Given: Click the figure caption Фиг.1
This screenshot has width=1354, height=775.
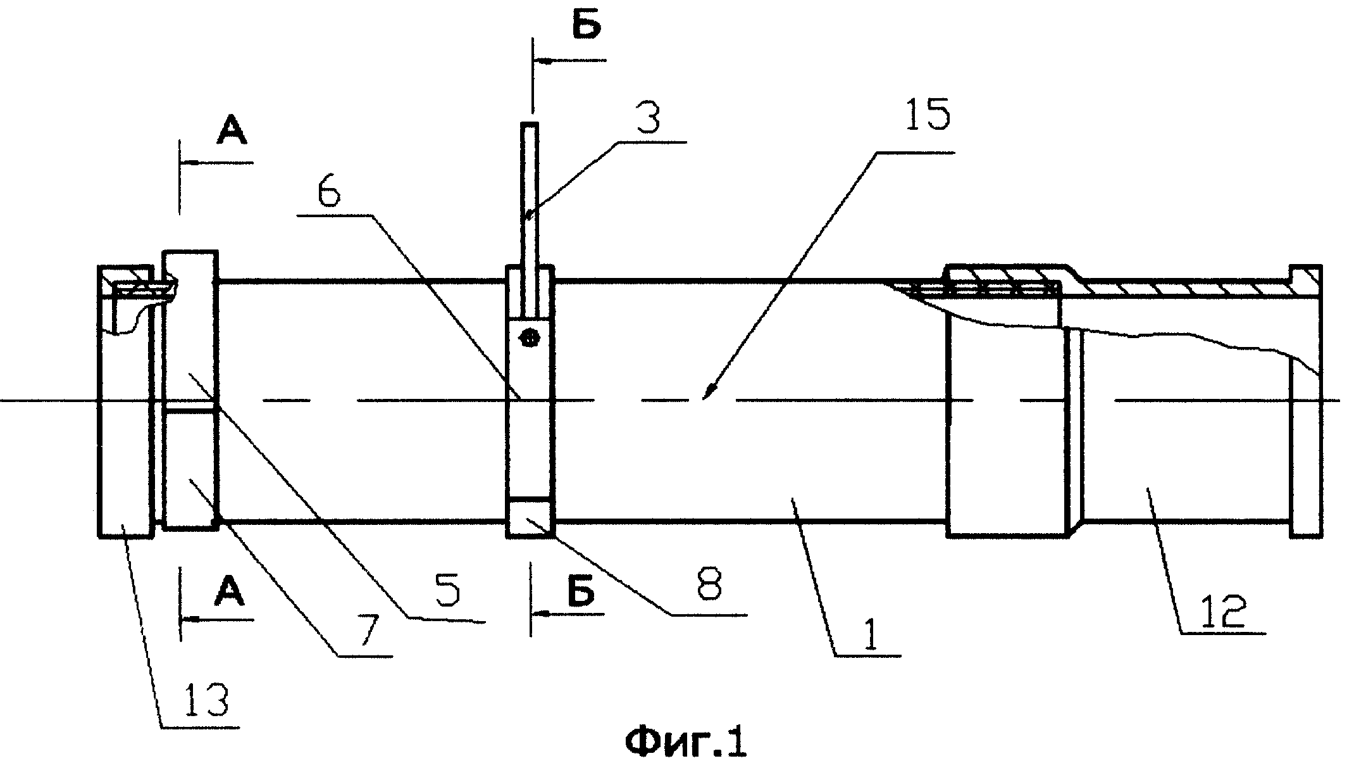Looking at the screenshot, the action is click(x=686, y=743).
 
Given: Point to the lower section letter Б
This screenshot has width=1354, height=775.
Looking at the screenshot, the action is click(x=581, y=593).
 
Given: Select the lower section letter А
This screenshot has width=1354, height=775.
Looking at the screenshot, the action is click(x=229, y=593).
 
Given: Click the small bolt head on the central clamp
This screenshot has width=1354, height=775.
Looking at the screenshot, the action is click(x=526, y=339).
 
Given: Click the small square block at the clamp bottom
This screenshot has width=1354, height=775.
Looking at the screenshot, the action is click(x=530, y=517).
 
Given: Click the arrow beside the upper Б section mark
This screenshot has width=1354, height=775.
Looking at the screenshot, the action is click(x=570, y=61).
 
